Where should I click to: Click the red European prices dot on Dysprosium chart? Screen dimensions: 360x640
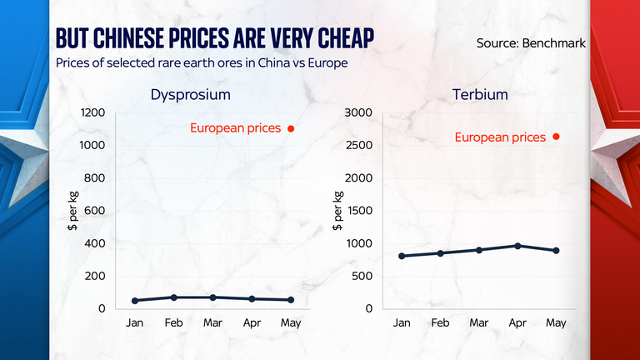pos(291,128)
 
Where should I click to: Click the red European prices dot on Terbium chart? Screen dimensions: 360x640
pos(556,137)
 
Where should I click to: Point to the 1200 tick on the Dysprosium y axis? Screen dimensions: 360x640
pos(92,112)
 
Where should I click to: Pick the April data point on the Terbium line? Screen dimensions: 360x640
pos(517,246)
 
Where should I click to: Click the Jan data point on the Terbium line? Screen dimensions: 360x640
pos(402,256)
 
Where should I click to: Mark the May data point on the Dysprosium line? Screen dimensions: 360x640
pos(290,300)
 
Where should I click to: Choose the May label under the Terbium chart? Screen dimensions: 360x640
pos(556,323)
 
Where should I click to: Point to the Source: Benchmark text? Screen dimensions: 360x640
pos(531,42)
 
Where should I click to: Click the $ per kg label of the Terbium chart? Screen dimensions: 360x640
pos(337,210)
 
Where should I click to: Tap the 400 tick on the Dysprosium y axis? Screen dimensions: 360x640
pos(94,243)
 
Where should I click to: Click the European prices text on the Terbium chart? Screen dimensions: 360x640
pos(500,137)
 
